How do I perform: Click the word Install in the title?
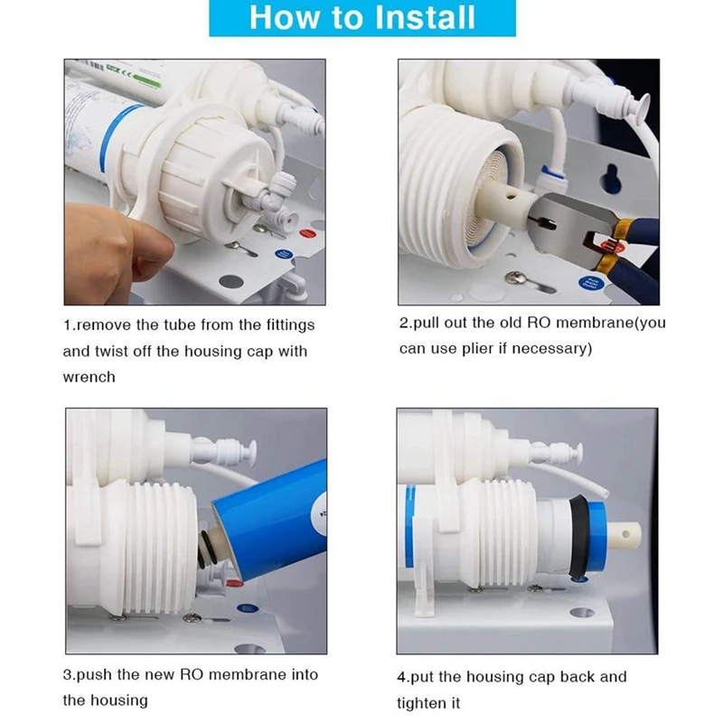(x=425, y=17)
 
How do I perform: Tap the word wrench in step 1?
(x=89, y=377)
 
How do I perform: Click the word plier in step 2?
(x=478, y=348)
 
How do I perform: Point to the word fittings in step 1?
(x=290, y=325)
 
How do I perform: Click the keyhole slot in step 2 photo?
(x=613, y=176)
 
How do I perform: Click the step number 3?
(x=67, y=674)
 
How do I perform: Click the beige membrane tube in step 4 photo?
(x=624, y=535)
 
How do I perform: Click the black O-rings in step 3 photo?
(x=208, y=549)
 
